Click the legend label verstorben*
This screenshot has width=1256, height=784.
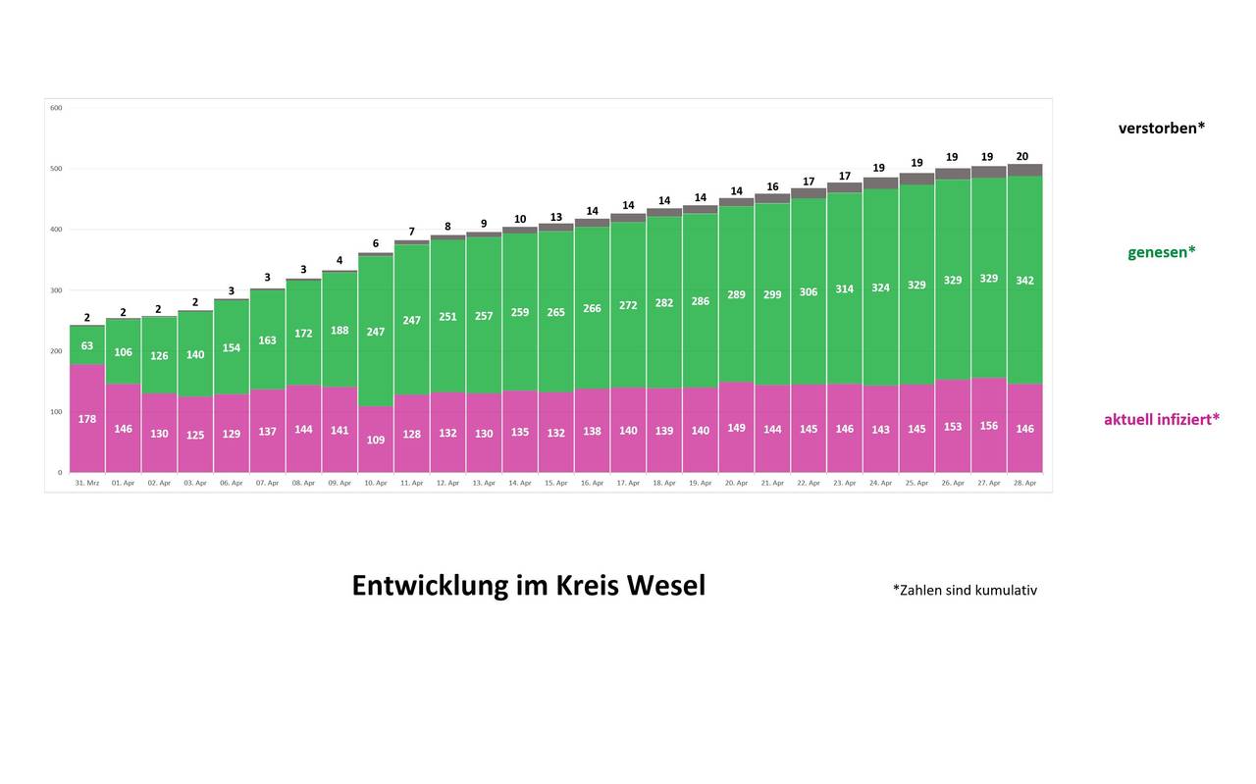(1162, 128)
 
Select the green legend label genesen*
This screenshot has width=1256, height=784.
(1162, 252)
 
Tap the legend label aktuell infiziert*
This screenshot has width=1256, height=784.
(1162, 419)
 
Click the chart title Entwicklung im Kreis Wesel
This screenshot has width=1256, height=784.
(528, 586)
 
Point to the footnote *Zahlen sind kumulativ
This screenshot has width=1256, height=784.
(965, 590)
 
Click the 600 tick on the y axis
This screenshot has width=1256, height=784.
(56, 108)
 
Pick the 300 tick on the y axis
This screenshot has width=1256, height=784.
(56, 290)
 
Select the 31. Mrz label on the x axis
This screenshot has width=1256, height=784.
(86, 483)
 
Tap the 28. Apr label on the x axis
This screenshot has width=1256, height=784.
(1024, 483)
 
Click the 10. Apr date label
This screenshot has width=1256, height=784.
(375, 483)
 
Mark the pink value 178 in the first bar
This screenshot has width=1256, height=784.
(87, 419)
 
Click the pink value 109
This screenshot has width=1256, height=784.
(376, 440)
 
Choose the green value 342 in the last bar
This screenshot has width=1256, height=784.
(1025, 281)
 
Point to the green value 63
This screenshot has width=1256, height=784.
(87, 345)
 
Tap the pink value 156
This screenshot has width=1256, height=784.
(989, 427)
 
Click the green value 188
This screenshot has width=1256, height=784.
(340, 331)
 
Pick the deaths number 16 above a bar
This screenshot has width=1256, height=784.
(772, 186)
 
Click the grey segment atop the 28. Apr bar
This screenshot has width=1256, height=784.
(1025, 170)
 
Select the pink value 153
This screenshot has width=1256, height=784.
(953, 427)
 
